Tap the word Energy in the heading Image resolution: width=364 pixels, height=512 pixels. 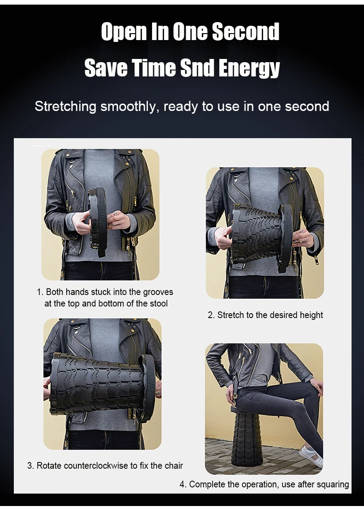point(249,69)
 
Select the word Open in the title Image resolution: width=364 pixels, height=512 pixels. point(120,32)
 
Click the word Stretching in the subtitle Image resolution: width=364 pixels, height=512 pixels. point(65,106)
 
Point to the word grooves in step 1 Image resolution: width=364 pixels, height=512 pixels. point(158,292)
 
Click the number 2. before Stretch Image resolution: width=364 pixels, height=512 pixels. point(211,315)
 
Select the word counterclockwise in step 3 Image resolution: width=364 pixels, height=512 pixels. point(96,465)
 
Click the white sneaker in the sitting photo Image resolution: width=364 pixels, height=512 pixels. point(311,455)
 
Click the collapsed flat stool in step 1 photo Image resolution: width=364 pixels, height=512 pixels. point(97,221)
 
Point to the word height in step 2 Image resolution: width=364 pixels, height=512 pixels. point(312,315)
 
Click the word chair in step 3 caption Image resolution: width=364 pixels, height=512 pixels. point(173,465)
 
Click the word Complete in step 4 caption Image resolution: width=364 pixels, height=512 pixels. point(205,484)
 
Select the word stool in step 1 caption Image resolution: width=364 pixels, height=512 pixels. point(158,303)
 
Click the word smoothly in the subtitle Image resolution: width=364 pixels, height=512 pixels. point(130,106)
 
